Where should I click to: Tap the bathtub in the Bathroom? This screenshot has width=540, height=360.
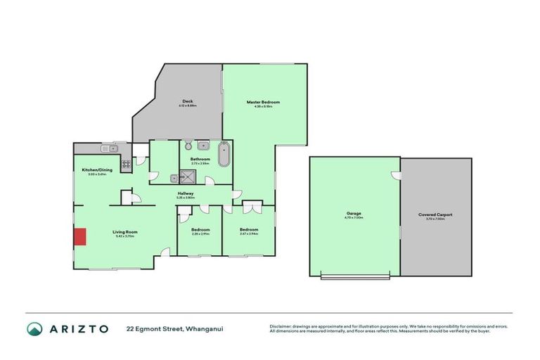[224, 154]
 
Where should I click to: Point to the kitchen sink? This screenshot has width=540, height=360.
[108, 148]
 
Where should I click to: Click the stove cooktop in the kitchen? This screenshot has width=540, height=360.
[127, 165]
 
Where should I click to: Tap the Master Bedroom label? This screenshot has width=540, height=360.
[263, 102]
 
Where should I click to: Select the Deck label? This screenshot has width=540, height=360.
[187, 101]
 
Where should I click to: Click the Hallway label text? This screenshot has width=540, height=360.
[186, 193]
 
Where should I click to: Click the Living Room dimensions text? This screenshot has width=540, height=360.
[125, 236]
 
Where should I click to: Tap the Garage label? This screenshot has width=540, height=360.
[354, 214]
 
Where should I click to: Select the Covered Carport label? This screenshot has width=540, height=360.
[435, 214]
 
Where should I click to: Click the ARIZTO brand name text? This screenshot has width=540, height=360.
[78, 328]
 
